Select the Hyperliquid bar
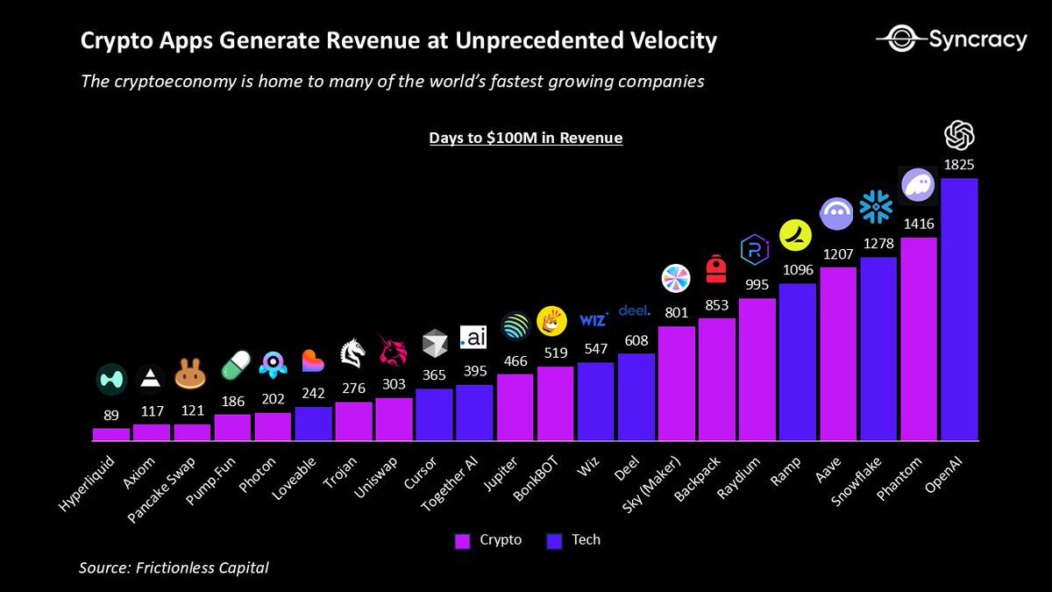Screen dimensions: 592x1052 point(111,434)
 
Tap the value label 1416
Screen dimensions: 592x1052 point(919,225)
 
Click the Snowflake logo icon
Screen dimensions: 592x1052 point(876,207)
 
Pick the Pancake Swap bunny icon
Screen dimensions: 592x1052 point(191,375)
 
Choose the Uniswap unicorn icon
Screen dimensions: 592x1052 point(392,350)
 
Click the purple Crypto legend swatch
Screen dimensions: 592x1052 point(462,541)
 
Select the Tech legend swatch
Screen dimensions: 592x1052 point(554,541)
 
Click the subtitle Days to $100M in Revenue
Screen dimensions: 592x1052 point(525,138)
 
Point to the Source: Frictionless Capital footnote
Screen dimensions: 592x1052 point(174,567)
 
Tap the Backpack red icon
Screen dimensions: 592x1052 point(716,269)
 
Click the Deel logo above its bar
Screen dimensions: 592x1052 point(635,310)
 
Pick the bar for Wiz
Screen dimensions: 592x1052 point(595,401)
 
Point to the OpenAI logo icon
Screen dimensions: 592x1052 point(959,135)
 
